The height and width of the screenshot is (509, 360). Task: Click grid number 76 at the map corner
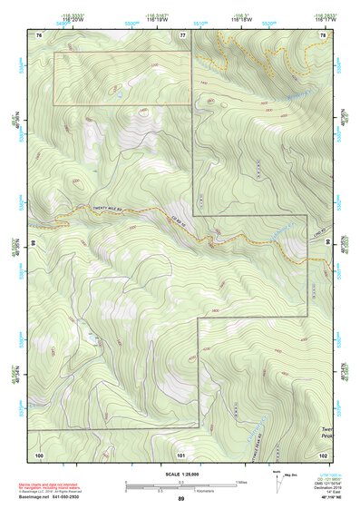39,34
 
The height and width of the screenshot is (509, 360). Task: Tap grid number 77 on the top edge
182,34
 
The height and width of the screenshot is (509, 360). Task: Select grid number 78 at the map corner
322,34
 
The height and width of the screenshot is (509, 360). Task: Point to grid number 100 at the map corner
39,454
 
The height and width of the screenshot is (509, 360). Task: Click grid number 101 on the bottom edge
182,454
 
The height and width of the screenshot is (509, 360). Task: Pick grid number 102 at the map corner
322,454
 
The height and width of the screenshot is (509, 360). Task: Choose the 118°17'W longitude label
324,17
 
